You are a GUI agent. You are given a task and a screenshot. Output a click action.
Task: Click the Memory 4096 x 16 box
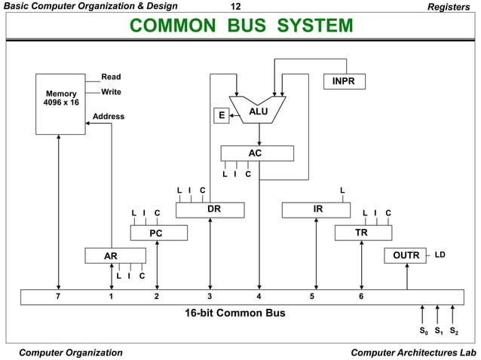(60, 104)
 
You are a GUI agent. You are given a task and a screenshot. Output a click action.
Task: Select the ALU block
(259, 112)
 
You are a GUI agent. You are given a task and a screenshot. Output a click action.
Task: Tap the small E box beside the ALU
(221, 115)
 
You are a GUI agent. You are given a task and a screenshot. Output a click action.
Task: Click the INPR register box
(344, 81)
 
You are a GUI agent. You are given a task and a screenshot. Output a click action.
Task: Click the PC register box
(156, 233)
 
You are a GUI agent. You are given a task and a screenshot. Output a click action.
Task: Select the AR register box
(111, 256)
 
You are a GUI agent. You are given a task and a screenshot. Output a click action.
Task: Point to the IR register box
(317, 209)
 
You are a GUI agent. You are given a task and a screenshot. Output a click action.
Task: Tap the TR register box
(362, 233)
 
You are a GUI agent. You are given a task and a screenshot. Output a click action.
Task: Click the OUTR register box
(406, 255)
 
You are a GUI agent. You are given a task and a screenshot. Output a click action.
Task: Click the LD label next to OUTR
(440, 255)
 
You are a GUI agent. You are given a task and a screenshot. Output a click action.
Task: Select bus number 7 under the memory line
(58, 297)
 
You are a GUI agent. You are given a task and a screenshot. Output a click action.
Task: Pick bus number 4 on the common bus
(259, 297)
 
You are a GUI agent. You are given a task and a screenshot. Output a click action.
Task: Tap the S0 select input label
(423, 331)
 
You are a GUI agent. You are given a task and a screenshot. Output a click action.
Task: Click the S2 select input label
(453, 331)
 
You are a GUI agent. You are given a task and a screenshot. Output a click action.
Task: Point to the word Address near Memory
(109, 117)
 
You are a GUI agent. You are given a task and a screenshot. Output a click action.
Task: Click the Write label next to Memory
(111, 92)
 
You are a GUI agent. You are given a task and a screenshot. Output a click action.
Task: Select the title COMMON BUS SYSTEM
(240, 26)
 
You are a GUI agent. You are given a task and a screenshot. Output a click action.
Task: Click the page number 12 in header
(234, 6)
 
